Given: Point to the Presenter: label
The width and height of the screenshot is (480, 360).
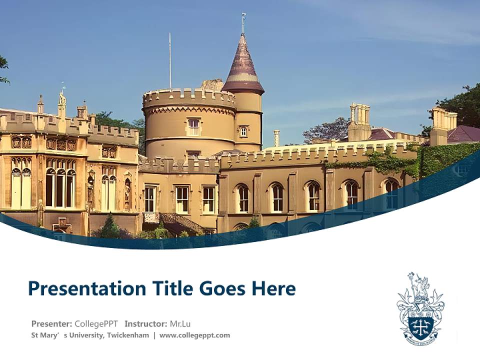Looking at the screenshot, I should tap(51, 323).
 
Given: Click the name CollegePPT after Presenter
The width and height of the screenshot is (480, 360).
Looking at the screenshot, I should tap(96, 323).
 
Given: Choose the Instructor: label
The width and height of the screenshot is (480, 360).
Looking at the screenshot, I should tap(146, 323).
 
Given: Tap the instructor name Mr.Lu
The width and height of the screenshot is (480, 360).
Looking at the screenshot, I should tap(180, 323).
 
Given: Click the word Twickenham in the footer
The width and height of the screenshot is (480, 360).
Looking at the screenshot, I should tap(127, 335).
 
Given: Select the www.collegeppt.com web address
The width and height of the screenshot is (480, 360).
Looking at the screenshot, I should tap(194, 335).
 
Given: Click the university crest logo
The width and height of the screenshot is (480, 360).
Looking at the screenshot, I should tap(420, 308).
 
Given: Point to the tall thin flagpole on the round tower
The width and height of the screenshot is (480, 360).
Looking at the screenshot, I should tap(170, 60).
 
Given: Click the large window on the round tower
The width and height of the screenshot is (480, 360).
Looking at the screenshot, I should tap(193, 127).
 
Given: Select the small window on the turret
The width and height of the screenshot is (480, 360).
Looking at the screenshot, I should tap(243, 131).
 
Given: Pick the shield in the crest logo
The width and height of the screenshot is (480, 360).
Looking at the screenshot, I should tap(420, 325).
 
